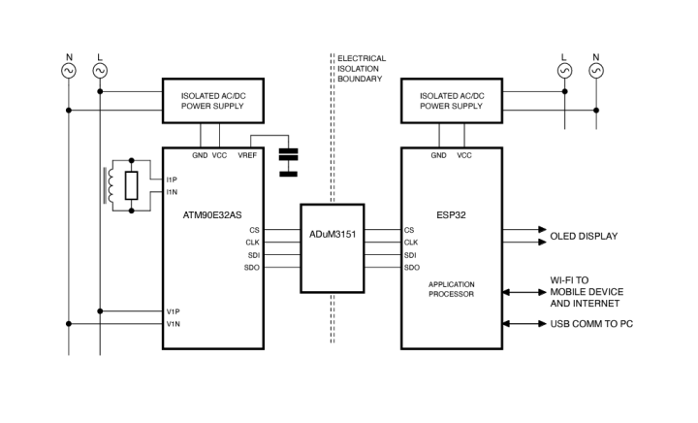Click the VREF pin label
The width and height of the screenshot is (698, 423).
247,155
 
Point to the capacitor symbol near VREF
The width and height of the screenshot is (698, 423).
288,162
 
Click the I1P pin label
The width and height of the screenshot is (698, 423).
172,179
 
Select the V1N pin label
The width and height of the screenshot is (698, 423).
173,324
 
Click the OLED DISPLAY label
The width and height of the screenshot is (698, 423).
584,236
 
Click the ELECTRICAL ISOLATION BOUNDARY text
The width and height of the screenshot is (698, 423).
362,70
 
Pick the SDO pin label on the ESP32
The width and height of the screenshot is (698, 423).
411,267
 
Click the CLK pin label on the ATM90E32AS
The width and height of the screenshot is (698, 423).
253,243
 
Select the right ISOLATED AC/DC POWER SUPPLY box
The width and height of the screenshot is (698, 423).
451,101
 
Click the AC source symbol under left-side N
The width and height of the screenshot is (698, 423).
69,71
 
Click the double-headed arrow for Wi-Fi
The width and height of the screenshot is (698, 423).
523,291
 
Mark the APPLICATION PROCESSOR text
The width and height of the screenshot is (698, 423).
451,288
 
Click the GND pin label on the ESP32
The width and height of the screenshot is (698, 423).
438,155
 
